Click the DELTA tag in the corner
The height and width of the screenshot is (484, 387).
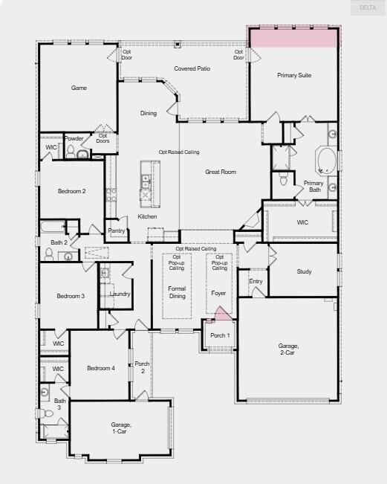coord(368,7)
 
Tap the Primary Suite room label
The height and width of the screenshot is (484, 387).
coord(295,75)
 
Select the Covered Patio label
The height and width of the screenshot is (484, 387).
coord(191,68)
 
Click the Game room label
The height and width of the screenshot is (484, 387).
coord(79,88)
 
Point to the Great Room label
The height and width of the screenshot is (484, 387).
coord(221,172)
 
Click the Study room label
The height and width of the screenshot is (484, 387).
coord(304,271)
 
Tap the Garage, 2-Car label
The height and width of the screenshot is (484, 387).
coord(288,349)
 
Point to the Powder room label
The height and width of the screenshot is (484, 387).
coord(74,138)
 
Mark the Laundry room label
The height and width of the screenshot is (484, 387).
coord(120,294)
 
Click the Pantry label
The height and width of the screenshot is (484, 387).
coord(116,230)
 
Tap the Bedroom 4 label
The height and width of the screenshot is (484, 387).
coord(100,368)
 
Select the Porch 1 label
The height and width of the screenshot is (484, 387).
coord(220,335)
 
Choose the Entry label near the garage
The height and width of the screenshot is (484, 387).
coord(256,281)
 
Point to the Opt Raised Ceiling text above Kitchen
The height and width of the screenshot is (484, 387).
coord(179,152)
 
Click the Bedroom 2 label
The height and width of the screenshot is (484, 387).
coord(72,191)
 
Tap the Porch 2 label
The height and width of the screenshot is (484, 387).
coord(141,367)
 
